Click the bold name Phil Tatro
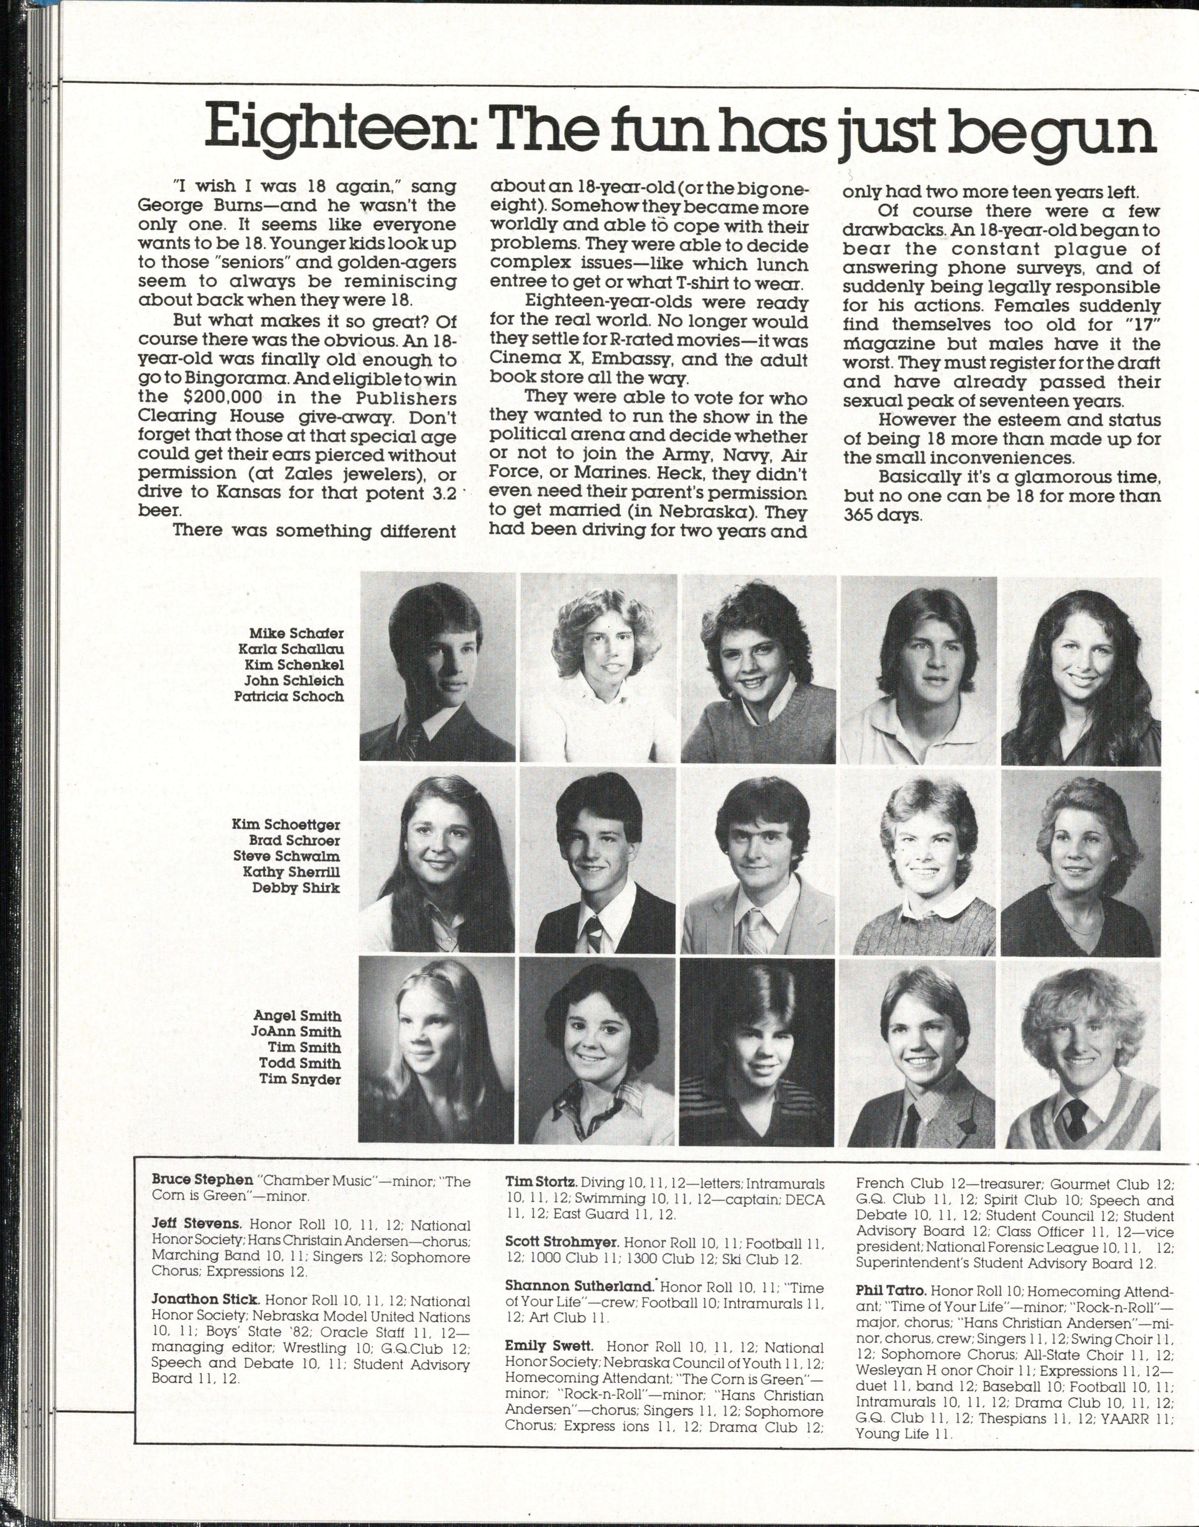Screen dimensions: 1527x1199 [892, 1290]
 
